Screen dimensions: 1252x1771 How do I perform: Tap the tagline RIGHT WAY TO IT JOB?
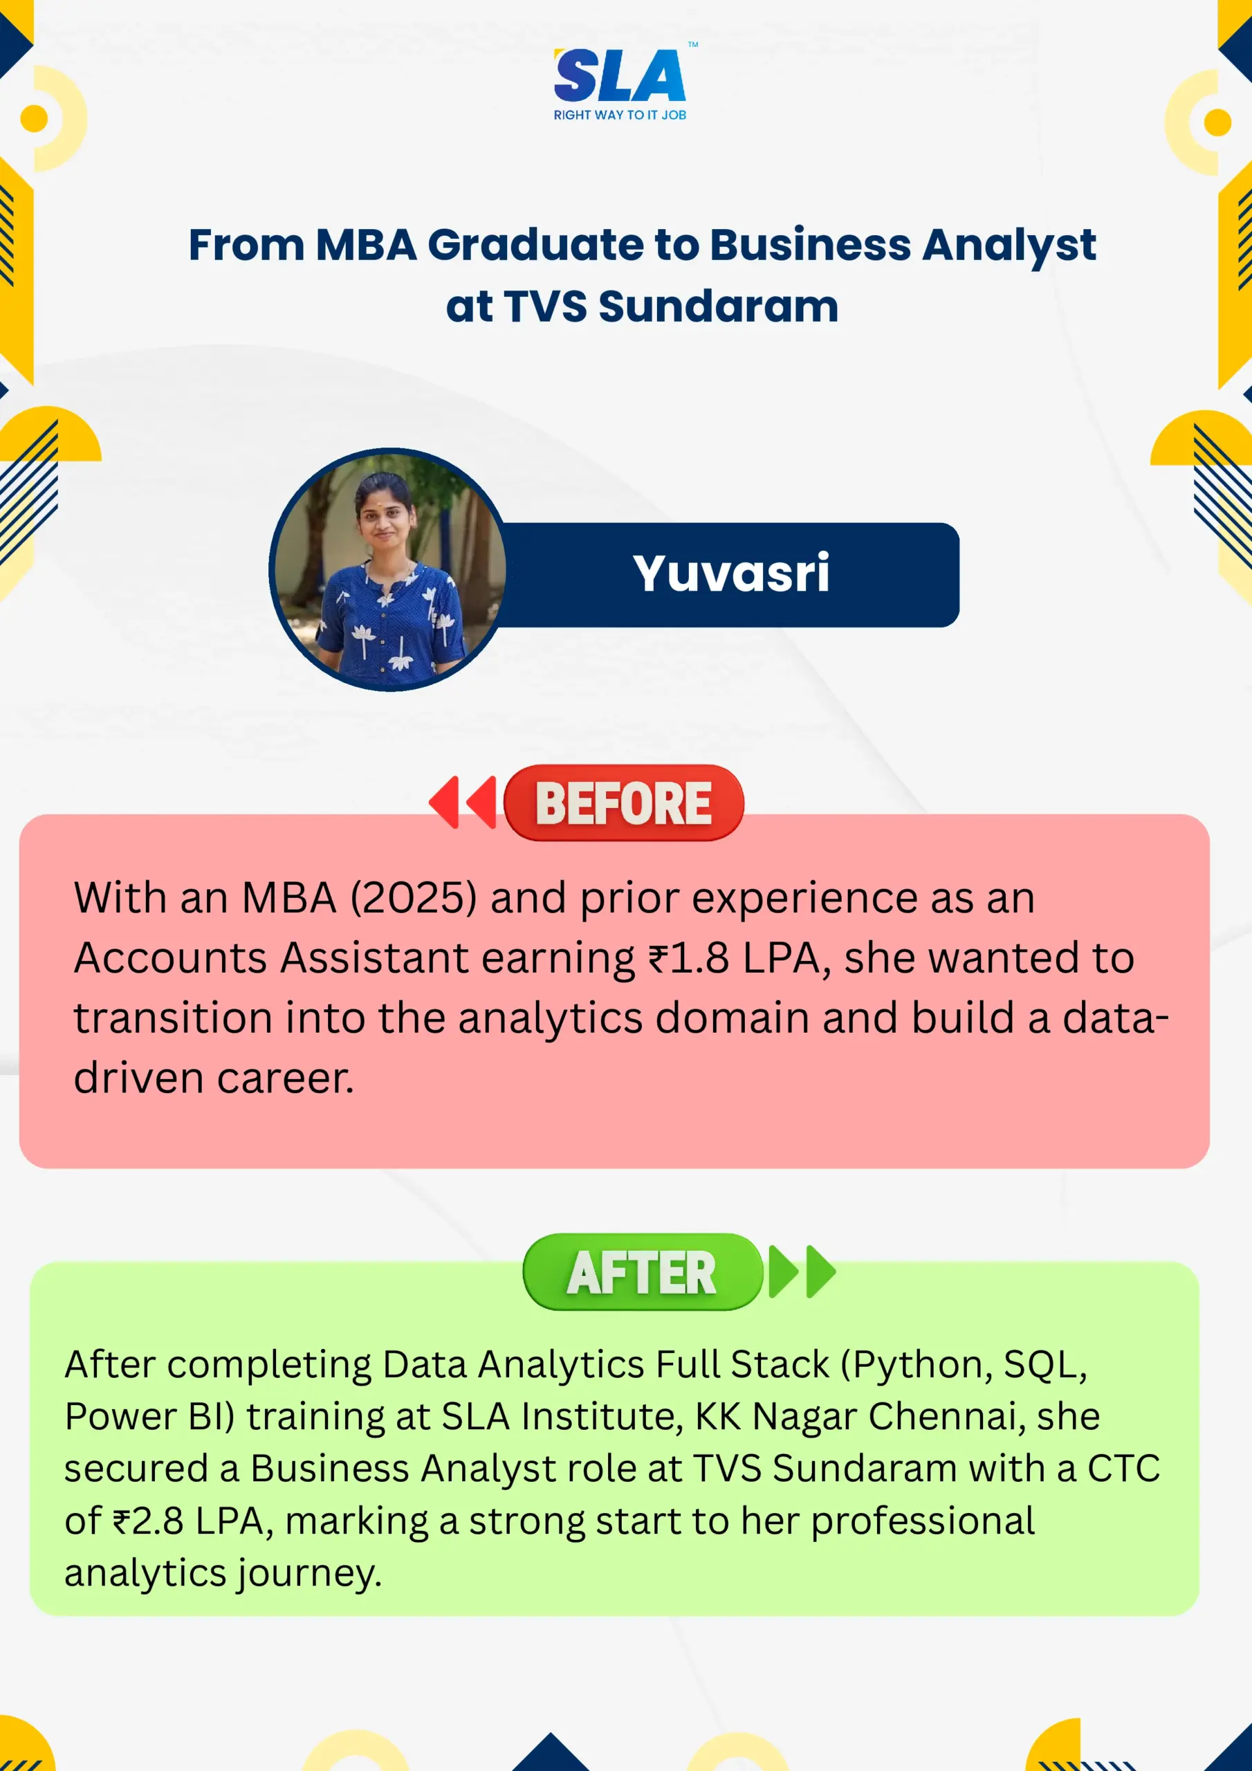620,115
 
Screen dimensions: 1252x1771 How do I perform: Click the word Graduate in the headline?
536,246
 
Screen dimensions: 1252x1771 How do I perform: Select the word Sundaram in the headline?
718,306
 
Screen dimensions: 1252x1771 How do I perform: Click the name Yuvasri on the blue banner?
730,574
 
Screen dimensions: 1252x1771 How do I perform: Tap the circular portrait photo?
388,570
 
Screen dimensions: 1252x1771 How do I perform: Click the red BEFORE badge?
623,803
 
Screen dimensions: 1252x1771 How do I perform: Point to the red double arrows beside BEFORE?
463,802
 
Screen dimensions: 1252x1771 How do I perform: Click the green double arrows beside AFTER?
802,1271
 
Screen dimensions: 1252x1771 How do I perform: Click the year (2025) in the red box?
414,898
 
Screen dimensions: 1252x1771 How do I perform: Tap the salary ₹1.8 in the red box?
688,958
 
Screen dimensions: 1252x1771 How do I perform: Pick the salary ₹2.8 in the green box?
148,1521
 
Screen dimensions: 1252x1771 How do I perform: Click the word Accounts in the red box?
170,958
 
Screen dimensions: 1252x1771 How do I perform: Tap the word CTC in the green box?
1123,1469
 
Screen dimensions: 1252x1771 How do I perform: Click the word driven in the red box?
138,1078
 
